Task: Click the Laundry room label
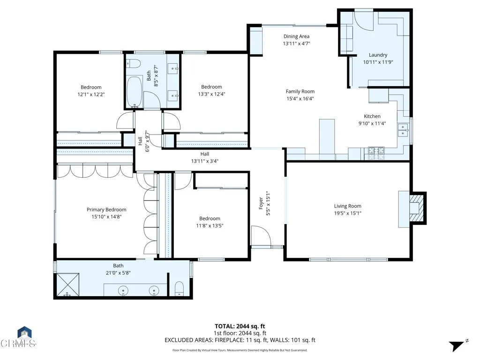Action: tap(378, 55)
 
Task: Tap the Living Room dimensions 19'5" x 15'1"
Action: tap(347, 213)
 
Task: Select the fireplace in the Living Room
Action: tap(414, 207)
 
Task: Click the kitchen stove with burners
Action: tap(376, 151)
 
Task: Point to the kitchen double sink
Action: tap(403, 130)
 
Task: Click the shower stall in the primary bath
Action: tap(67, 285)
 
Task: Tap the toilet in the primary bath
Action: tap(179, 289)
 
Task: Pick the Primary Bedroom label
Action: tap(106, 210)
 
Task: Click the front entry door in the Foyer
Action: tap(261, 237)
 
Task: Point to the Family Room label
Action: tap(300, 91)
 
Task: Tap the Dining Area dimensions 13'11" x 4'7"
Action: tap(296, 43)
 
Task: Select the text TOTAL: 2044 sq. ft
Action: tap(240, 326)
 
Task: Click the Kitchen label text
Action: tap(372, 116)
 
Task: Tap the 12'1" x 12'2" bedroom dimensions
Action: tap(91, 94)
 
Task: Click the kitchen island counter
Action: tap(327, 136)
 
